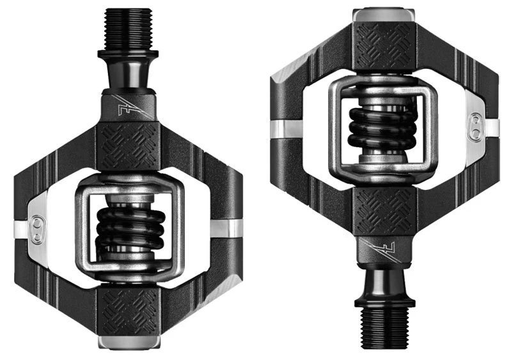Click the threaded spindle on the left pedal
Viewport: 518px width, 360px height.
(x=127, y=29)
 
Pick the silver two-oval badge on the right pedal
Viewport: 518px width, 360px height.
(x=478, y=124)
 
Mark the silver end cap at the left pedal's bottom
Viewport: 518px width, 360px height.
(x=128, y=343)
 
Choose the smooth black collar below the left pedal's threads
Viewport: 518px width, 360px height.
(x=128, y=70)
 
